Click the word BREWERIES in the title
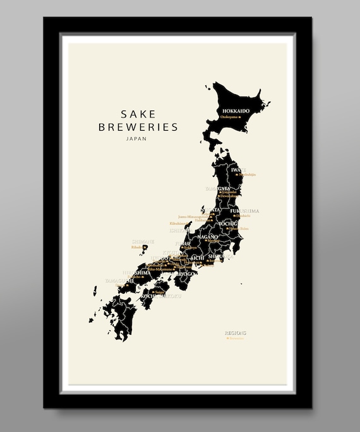coord(138,127)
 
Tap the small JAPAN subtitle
coord(137,138)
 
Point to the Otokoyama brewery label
coord(231,117)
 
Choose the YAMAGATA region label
coord(219,188)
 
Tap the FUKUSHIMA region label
coord(245,211)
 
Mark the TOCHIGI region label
coord(228,224)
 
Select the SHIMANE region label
coord(142,241)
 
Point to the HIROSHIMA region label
coord(134,272)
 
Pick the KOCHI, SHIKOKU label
coord(162,295)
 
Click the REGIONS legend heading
coord(236,332)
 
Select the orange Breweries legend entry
coord(236,339)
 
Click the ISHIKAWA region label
coord(179,230)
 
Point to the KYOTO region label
coord(171,252)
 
